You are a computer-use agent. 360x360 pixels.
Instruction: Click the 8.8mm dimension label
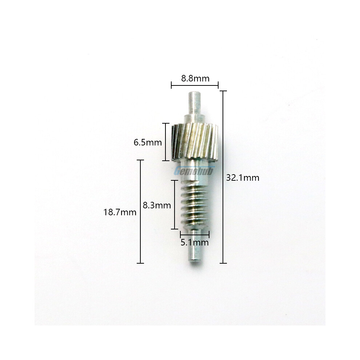[x=195, y=79]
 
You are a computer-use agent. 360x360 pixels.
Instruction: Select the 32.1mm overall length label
[x=243, y=178]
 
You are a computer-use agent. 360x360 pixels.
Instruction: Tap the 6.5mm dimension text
[x=148, y=143]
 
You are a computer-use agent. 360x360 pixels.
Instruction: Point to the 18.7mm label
[x=120, y=212]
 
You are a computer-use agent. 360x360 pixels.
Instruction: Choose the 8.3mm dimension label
[x=157, y=205]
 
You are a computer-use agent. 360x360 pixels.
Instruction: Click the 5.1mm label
[x=195, y=243]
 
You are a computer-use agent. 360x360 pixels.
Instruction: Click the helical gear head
[x=195, y=142]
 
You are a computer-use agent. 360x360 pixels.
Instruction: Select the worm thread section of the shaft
[x=195, y=205]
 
